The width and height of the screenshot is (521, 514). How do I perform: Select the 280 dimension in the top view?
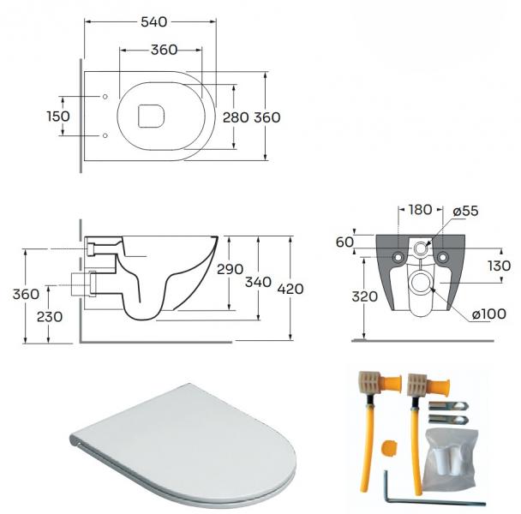pos(235,117)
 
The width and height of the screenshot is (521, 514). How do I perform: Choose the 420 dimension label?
pos(290,290)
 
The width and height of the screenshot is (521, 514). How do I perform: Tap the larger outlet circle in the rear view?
pos(420,284)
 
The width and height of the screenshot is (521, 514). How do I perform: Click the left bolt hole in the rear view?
pos(397,259)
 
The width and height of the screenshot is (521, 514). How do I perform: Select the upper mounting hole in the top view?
pos(105,96)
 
